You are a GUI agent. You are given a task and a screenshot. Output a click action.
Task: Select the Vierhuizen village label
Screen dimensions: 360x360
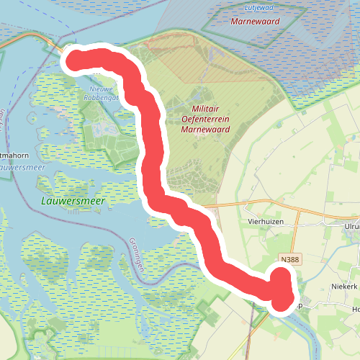pos(264,222)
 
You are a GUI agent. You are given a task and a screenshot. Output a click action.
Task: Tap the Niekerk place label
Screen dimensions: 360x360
pos(345,287)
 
